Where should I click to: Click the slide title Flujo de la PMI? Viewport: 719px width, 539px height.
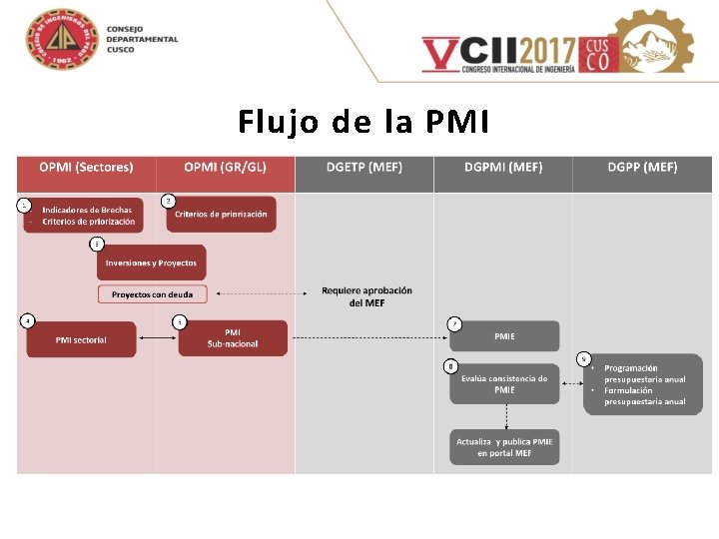(363, 122)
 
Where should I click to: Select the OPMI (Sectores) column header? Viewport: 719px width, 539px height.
(86, 168)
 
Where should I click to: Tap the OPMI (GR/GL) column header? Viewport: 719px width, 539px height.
(226, 168)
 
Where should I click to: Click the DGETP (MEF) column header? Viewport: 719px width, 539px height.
(364, 168)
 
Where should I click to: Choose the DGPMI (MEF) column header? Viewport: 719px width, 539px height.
(503, 168)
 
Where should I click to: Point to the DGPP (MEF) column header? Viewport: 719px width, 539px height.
(642, 168)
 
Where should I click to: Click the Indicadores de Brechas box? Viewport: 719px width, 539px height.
(84, 215)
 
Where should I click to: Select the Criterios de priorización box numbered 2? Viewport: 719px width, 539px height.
(221, 215)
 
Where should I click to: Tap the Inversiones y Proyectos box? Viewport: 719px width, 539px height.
(152, 263)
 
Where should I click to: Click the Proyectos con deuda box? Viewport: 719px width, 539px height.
(152, 294)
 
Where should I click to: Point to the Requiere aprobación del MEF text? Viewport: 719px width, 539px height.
(366, 296)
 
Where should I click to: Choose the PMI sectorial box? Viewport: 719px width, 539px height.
(81, 339)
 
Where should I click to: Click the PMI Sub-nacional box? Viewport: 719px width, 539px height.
(233, 338)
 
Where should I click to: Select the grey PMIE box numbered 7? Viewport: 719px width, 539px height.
(504, 336)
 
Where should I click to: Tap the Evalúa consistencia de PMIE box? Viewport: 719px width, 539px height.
(504, 384)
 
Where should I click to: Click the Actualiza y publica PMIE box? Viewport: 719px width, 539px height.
(504, 447)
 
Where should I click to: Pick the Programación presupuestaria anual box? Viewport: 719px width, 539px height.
(643, 384)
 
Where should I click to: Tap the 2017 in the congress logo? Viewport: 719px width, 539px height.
(540, 50)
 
